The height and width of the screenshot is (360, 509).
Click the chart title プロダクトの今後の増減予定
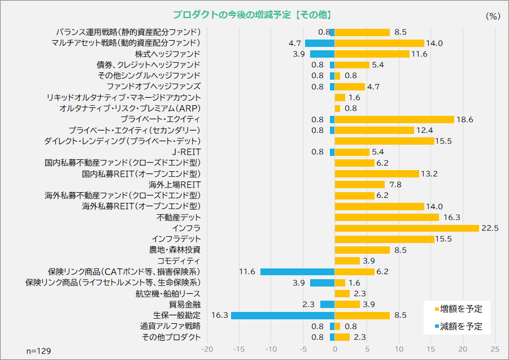tap(252, 15)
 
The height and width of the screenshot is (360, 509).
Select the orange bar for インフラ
tap(407, 228)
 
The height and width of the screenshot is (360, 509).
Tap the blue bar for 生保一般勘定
tap(283, 315)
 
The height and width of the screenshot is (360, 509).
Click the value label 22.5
tap(489, 228)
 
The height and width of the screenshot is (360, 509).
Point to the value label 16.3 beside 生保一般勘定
tap(219, 315)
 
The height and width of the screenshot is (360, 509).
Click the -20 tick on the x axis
tap(207, 349)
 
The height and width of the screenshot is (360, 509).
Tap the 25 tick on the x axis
tap(495, 349)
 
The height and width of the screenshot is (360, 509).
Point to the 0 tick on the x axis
tap(335, 349)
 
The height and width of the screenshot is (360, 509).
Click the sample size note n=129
tap(39, 351)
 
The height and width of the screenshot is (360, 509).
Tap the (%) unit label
tap(493, 16)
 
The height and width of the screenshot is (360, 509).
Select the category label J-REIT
tap(186, 152)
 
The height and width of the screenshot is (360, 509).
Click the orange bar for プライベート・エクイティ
tap(394, 119)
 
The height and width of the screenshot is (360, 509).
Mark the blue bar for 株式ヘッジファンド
tap(322, 54)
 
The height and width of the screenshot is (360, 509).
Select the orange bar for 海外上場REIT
tap(360, 184)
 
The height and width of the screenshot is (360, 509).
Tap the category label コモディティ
tap(179, 261)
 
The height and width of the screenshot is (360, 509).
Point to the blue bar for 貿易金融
tap(328, 304)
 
